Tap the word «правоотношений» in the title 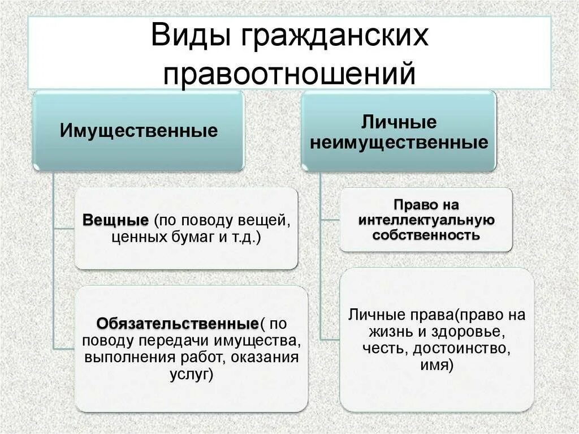click(x=289, y=74)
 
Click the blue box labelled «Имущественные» click(x=139, y=131)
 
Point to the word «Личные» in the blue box click(x=399, y=122)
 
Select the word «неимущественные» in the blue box click(x=399, y=143)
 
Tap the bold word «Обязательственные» click(x=178, y=324)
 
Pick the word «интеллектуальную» click(x=426, y=219)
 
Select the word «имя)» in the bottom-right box click(x=437, y=365)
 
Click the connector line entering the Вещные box click(x=64, y=228)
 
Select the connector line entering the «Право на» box click(x=329, y=219)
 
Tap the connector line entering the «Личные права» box click(x=329, y=339)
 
